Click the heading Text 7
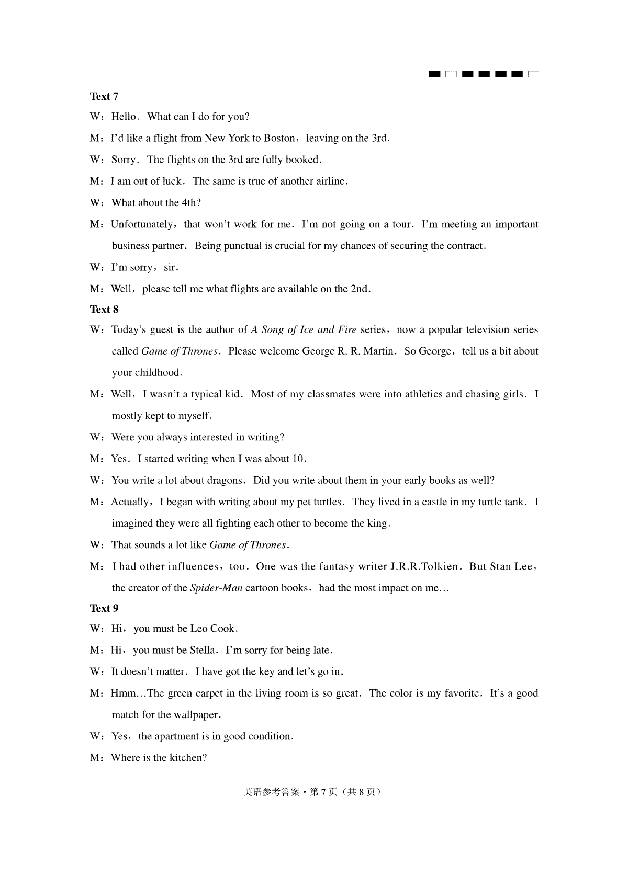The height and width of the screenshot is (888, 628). [x=104, y=96]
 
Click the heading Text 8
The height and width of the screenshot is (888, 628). [x=104, y=310]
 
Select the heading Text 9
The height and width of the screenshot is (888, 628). [x=104, y=608]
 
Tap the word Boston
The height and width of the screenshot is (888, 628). [x=279, y=139]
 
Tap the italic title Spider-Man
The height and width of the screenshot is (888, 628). [x=216, y=588]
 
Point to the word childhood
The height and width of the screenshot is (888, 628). [x=157, y=373]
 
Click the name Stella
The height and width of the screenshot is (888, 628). [x=203, y=651]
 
